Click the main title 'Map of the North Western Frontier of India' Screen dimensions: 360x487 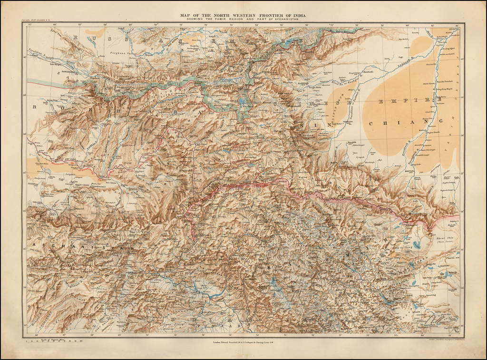(243, 15)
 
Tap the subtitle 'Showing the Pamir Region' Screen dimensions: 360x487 (243, 19)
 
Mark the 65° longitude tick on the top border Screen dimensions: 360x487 (30, 25)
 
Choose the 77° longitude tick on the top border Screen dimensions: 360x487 (331, 25)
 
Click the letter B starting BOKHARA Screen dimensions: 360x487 (34, 107)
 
